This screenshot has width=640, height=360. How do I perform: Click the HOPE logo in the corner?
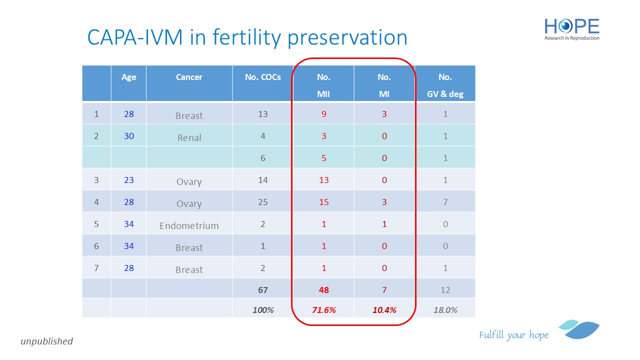coord(572,29)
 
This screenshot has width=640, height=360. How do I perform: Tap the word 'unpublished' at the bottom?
coord(46,341)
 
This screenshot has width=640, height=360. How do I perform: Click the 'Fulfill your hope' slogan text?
coord(513,335)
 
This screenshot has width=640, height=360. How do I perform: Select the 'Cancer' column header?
coord(189,77)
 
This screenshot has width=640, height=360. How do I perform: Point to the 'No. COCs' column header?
coord(262,77)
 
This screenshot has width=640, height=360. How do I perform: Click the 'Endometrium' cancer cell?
coord(189,225)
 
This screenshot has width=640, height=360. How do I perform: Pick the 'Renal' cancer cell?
coord(189,137)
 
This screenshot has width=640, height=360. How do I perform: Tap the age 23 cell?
coord(129,180)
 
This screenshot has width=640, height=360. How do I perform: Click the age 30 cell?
coord(129,136)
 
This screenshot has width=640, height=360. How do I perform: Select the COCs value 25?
coord(263,202)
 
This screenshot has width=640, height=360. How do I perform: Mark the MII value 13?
coord(324,180)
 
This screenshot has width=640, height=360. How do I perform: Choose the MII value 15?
coord(324,202)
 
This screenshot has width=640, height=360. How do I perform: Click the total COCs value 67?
coord(263,290)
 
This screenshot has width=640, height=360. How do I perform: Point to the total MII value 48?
coord(324,290)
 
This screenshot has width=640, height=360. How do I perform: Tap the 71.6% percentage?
coord(324,310)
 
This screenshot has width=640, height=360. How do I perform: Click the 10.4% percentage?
coord(384,310)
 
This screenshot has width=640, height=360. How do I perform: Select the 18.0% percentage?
coord(445,310)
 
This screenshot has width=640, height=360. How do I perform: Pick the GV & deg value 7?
coord(445,202)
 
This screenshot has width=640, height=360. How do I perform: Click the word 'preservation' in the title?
coord(347,38)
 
